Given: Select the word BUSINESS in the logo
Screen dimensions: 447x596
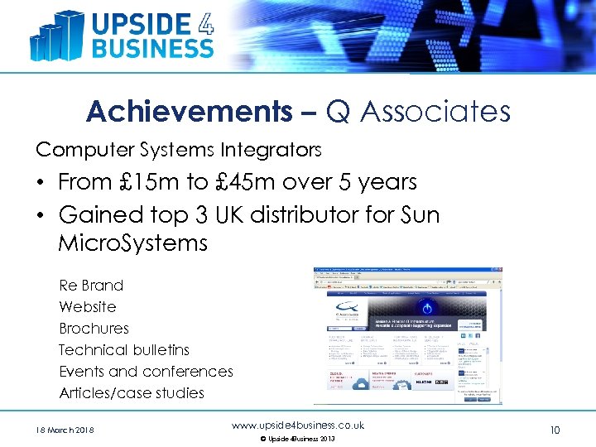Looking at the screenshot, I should coord(151,47).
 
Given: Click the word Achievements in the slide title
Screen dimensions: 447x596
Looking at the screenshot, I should coord(189,111).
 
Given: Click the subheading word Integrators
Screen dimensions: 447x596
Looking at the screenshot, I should coord(271,150).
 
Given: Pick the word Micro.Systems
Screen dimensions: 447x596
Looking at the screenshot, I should coord(132,243).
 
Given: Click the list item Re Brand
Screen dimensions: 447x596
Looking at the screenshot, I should coord(91,286).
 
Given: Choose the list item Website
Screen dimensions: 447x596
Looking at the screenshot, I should coord(88,307).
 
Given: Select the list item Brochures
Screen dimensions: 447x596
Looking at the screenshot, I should coord(94,329).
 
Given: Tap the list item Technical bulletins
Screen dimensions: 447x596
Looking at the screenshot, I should coord(124,350).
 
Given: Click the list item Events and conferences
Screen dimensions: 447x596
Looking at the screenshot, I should coord(147,372).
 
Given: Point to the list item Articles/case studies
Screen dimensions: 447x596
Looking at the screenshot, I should coord(132,393).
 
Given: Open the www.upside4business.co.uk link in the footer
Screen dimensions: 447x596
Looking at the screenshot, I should coord(298,425).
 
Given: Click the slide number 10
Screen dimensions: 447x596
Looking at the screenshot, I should coord(555,430).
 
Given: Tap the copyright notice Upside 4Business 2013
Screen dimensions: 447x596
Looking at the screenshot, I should coord(297,439).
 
